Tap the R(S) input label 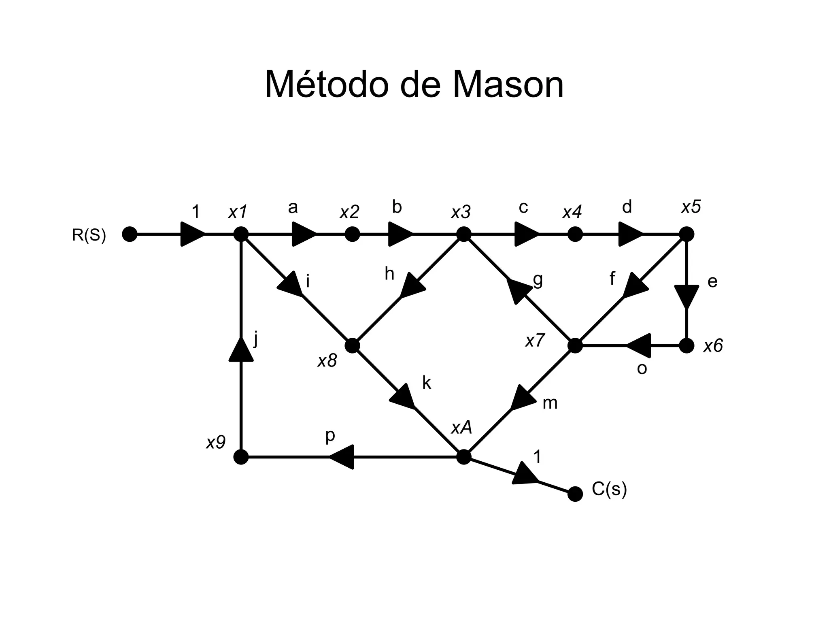click(x=89, y=235)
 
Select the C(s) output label click(x=609, y=489)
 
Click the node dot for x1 click(x=241, y=234)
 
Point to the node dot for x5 click(x=687, y=234)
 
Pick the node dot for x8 click(x=352, y=346)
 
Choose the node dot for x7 click(x=575, y=346)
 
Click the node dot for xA click(x=464, y=457)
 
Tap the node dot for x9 click(x=241, y=457)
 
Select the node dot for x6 click(x=687, y=346)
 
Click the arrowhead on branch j click(x=241, y=351)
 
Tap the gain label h click(x=389, y=274)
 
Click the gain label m click(x=550, y=403)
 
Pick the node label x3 click(x=461, y=212)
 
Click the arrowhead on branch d click(x=630, y=234)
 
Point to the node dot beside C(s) click(x=575, y=494)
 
